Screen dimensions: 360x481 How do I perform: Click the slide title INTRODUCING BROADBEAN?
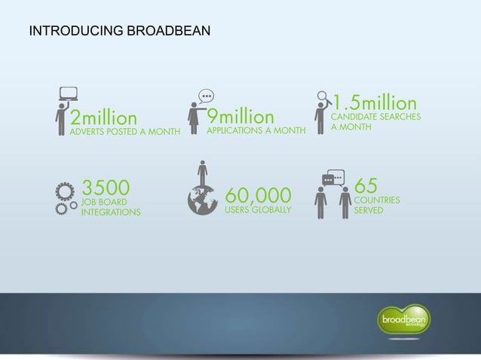click(119, 32)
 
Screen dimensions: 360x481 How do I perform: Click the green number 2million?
click(105, 118)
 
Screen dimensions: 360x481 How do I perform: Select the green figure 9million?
click(241, 117)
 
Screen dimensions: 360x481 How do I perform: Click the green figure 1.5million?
click(375, 102)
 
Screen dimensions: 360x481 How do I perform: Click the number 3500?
click(106, 186)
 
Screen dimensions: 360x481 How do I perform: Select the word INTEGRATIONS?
click(111, 212)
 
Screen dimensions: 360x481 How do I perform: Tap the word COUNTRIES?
click(377, 201)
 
